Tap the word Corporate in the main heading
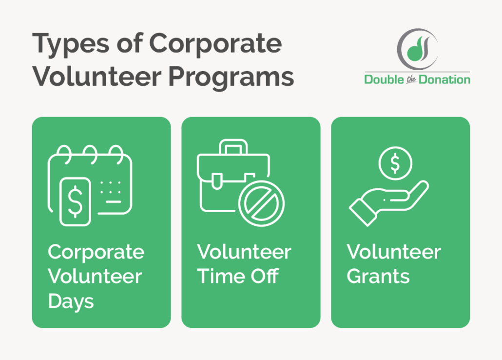click(215, 44)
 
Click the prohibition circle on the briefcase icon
click(262, 204)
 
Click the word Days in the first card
click(71, 301)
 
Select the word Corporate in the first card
click(96, 252)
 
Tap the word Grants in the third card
click(378, 277)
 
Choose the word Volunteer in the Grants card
click(394, 252)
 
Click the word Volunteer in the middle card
click(244, 252)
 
